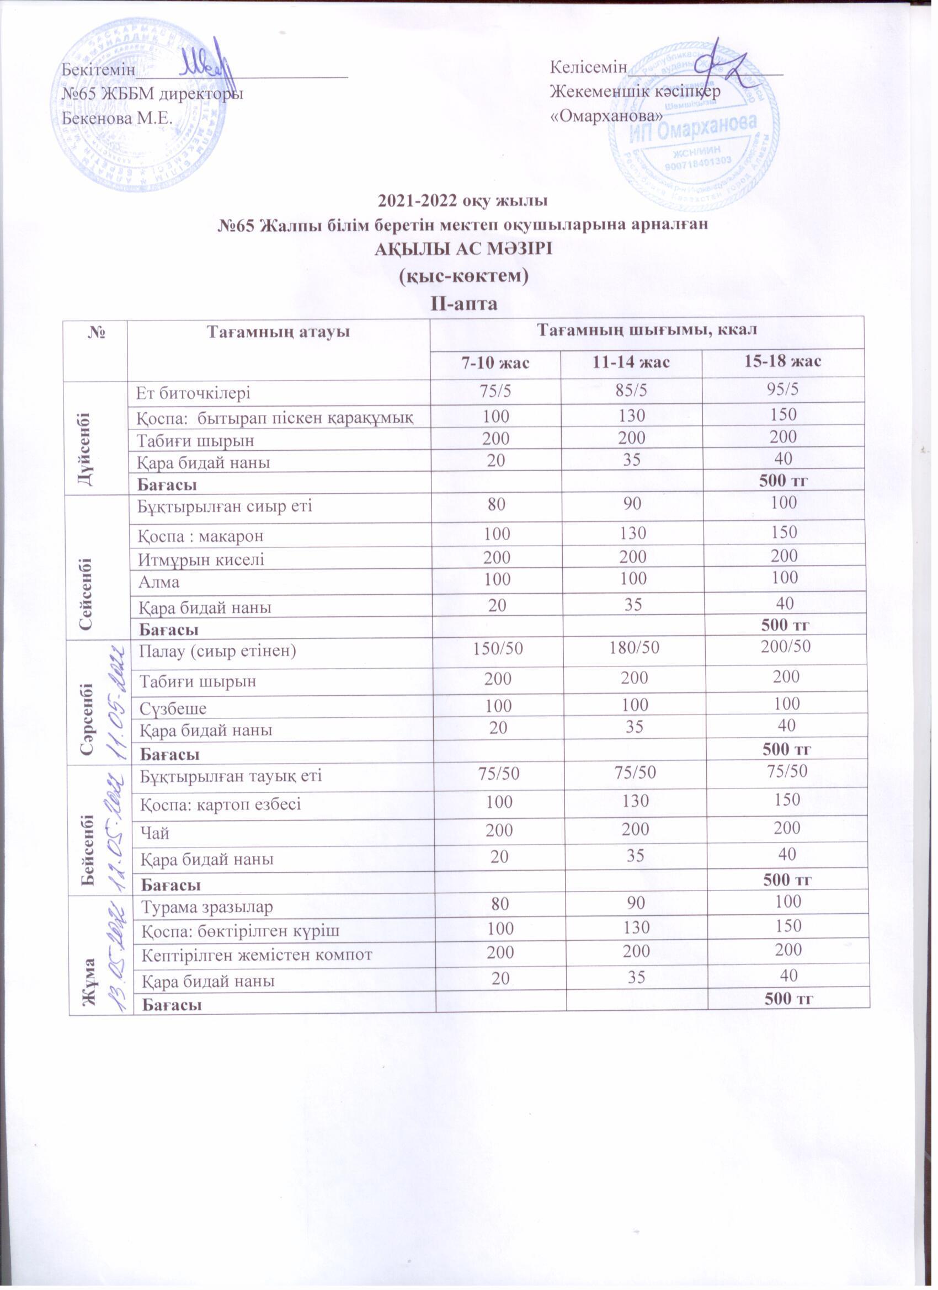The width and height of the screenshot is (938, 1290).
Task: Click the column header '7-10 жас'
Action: pyautogui.click(x=494, y=363)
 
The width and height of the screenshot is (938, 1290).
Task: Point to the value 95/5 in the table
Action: pyautogui.click(x=782, y=391)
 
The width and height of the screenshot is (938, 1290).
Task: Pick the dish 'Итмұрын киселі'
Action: pyautogui.click(x=201, y=559)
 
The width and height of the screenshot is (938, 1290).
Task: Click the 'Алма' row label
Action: pyautogui.click(x=159, y=582)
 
